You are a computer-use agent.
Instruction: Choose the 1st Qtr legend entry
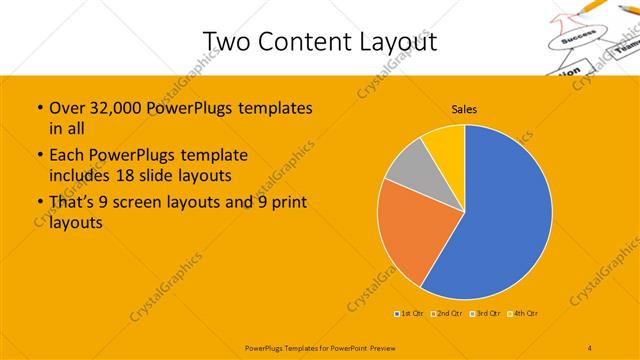click(x=410, y=314)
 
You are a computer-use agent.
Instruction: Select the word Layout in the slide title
click(x=398, y=41)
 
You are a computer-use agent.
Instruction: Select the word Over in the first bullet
click(x=67, y=107)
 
